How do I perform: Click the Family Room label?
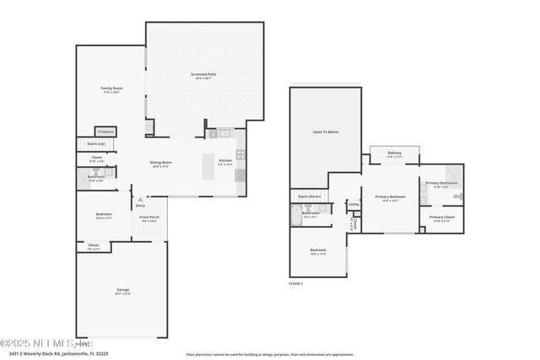[111, 89]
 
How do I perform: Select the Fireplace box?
[105, 132]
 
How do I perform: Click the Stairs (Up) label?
[96, 144]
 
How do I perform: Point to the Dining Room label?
[160, 164]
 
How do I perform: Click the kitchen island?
[208, 167]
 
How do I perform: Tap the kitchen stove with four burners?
[240, 154]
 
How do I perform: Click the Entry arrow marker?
[139, 202]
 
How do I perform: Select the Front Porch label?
[148, 218]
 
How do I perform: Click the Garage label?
[123, 291]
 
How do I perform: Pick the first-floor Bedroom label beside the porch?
[103, 216]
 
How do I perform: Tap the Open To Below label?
[326, 132]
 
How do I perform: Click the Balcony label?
[394, 153]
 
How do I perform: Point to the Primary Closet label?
[441, 218]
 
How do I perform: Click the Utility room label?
[354, 204]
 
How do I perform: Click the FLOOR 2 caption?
[296, 283]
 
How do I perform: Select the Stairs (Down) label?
[310, 196]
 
